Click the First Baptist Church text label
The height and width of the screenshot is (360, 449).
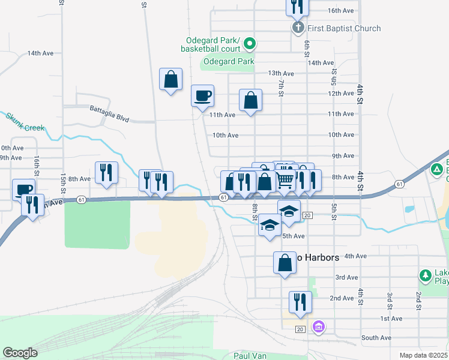[344, 28]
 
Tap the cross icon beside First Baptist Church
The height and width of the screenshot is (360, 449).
[298, 28]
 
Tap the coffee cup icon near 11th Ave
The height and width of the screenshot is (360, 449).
[202, 95]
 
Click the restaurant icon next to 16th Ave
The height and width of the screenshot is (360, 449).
[296, 6]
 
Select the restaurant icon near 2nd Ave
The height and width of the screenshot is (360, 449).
[299, 302]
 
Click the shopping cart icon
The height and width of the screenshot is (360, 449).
[285, 179]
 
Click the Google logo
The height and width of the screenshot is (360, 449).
[20, 353]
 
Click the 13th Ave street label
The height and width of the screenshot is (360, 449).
[280, 73]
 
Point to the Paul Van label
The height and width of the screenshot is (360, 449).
[253, 355]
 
